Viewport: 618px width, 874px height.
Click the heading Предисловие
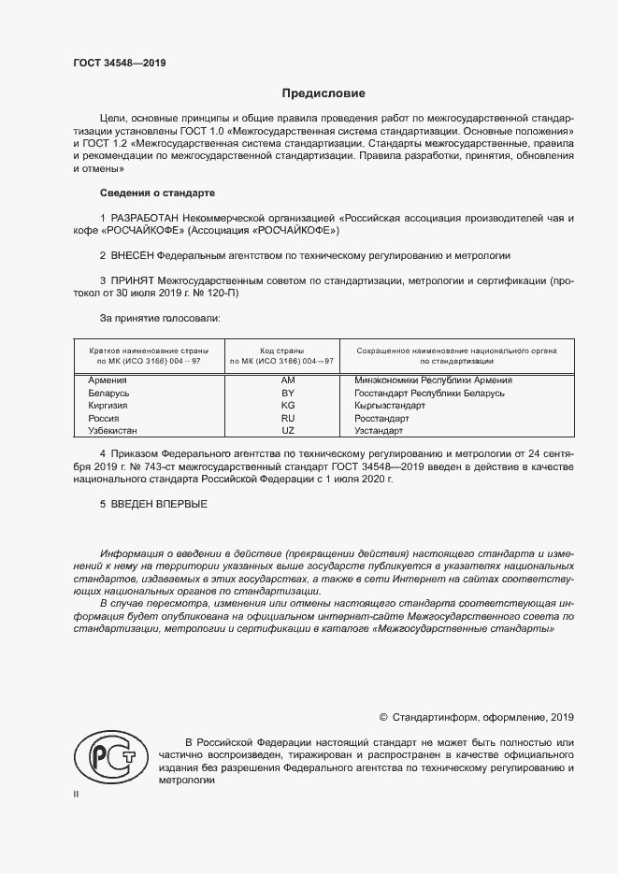323,93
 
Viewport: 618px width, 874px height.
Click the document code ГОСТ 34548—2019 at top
119,64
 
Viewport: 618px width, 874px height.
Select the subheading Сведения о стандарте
157,193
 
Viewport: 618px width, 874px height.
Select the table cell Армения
108,380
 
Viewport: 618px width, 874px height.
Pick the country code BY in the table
287,394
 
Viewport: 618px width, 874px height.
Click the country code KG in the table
287,407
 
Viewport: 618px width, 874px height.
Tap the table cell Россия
104,419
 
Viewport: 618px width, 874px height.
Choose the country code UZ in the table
287,431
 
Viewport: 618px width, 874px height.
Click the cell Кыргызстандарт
390,407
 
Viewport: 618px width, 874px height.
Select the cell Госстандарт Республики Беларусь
429,394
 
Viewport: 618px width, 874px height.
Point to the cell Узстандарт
380,431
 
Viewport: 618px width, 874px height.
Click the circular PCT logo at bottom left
109,758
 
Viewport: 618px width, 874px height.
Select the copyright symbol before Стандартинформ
383,718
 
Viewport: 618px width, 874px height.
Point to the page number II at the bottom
76,795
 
